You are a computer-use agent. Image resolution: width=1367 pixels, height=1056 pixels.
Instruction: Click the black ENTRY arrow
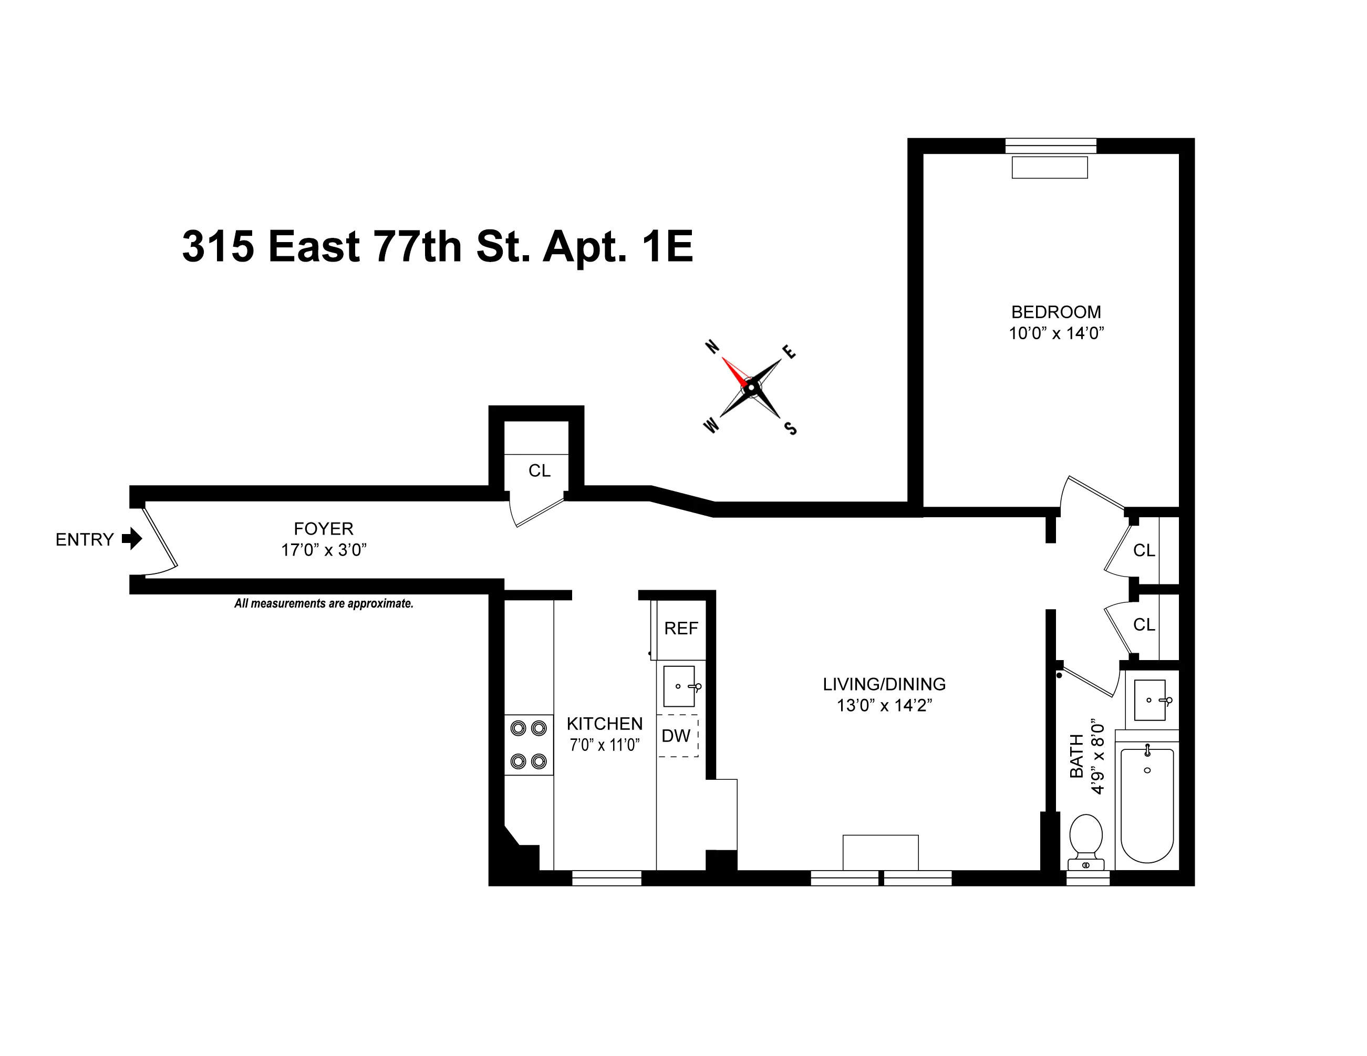point(132,539)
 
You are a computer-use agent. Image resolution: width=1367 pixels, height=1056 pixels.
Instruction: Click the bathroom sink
point(1150,700)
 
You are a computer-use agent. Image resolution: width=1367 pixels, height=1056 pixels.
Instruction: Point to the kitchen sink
point(679,686)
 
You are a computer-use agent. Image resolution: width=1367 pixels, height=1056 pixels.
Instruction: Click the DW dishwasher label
point(676,736)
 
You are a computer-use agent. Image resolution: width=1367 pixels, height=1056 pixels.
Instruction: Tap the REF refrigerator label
point(681,628)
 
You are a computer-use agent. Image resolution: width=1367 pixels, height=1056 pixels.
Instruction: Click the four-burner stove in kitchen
point(529,745)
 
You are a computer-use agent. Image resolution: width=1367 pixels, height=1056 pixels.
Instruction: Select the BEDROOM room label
point(1056,311)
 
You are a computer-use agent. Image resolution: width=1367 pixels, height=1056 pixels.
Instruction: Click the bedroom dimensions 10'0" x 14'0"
point(1056,333)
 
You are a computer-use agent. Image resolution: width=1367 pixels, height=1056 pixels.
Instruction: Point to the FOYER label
point(324,529)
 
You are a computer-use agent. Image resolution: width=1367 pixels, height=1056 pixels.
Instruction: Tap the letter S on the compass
point(791,429)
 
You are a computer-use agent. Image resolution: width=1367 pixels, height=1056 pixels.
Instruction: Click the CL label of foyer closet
point(539,471)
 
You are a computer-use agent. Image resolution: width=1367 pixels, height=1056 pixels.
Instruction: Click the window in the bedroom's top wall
point(1050,146)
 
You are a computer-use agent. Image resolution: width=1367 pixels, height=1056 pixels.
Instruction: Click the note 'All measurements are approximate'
point(324,604)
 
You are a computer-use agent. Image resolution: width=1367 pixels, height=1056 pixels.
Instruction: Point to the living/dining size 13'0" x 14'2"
point(884,706)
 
